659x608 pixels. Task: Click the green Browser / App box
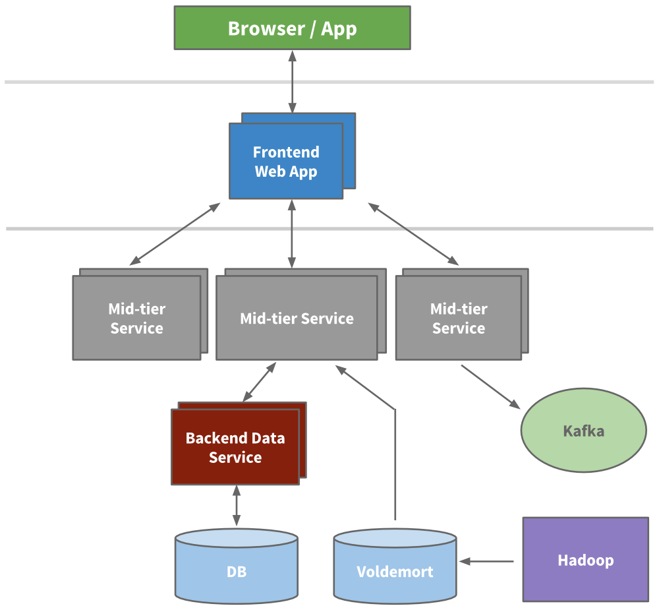click(x=292, y=28)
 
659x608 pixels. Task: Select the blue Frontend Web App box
click(x=285, y=162)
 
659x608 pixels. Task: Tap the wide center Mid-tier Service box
click(x=297, y=319)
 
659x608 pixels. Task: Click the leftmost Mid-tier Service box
click(x=136, y=318)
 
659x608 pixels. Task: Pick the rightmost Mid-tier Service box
click(x=458, y=318)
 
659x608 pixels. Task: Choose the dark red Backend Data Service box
click(x=235, y=447)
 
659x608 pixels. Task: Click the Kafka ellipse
click(x=583, y=432)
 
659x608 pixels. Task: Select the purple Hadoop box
click(x=585, y=560)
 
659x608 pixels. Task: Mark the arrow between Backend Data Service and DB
click(x=236, y=506)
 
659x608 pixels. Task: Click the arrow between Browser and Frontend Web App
click(x=292, y=82)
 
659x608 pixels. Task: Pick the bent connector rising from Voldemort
click(x=395, y=462)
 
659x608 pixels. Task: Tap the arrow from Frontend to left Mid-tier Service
click(x=175, y=234)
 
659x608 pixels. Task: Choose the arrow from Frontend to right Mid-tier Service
click(x=413, y=234)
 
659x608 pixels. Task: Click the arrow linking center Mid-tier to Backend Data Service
click(x=259, y=382)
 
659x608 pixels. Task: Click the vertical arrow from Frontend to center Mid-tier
click(x=292, y=235)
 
